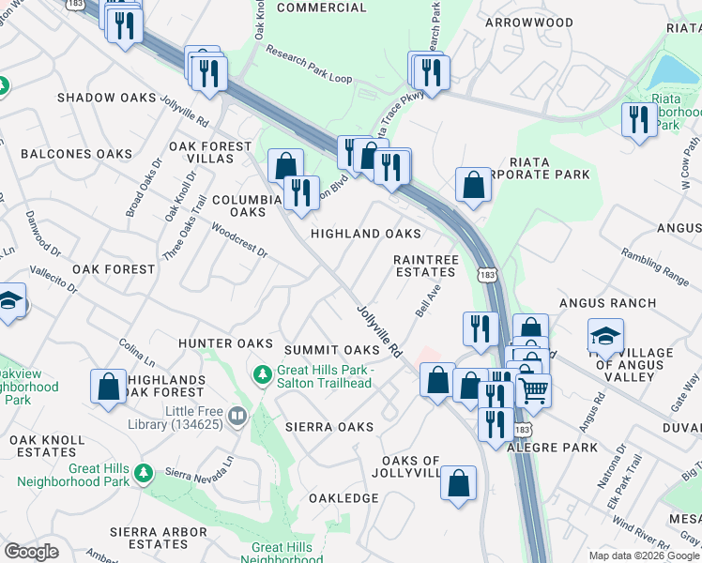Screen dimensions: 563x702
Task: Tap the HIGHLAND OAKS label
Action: click(x=365, y=234)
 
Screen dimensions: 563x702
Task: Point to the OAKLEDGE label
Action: click(x=343, y=498)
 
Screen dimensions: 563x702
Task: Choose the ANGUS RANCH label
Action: click(x=607, y=303)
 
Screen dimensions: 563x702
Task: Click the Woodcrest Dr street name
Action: click(x=239, y=240)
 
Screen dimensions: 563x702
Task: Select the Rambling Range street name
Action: click(x=656, y=266)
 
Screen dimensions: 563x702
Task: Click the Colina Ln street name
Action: click(x=137, y=353)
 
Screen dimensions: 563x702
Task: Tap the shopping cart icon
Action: click(x=533, y=388)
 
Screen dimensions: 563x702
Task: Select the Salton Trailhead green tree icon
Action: click(x=263, y=375)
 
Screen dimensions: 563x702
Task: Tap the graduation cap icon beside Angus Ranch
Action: click(x=605, y=334)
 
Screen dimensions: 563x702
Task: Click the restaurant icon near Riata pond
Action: click(x=639, y=119)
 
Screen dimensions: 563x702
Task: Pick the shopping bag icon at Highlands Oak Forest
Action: click(x=109, y=385)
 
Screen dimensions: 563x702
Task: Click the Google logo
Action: click(x=31, y=552)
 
